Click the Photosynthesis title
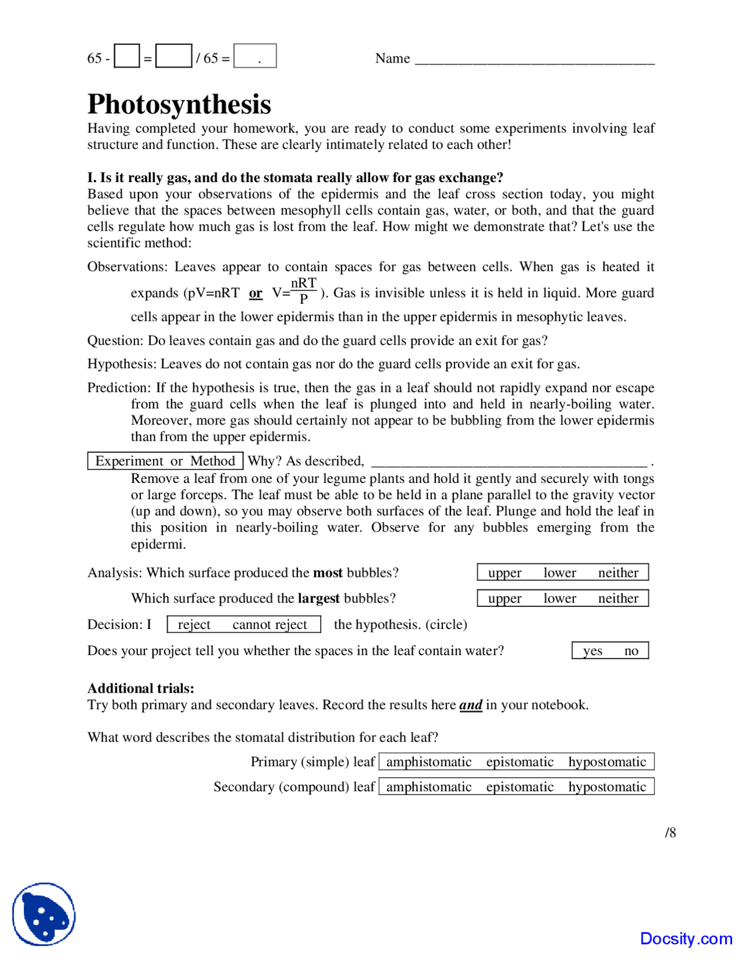[x=179, y=105]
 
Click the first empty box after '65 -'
[x=126, y=56]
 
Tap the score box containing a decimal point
[x=254, y=56]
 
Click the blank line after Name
[x=534, y=59]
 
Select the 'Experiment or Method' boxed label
[x=165, y=461]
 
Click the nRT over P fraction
[x=303, y=290]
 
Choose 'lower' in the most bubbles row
[x=559, y=573]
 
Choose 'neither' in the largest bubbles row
[x=618, y=598]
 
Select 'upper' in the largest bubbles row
[x=504, y=598]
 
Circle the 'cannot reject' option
[x=270, y=624]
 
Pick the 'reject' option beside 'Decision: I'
[x=194, y=624]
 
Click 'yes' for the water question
[x=592, y=650]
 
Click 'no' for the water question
[x=631, y=650]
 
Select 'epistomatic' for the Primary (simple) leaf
[x=519, y=762]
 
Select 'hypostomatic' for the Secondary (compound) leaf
[x=607, y=787]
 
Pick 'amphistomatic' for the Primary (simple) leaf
[x=428, y=762]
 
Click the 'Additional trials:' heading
[x=141, y=688]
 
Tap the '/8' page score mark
[x=670, y=832]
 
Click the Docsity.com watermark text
[x=686, y=938]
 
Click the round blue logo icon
[x=44, y=914]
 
